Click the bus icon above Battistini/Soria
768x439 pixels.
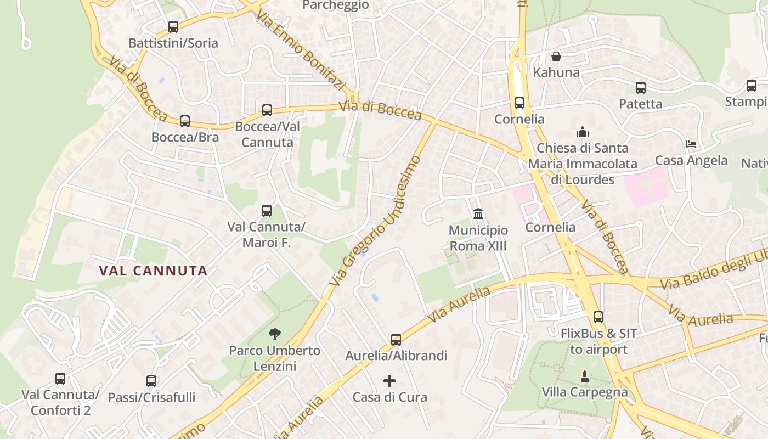[173, 26]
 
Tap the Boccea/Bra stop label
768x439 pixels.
[185, 137]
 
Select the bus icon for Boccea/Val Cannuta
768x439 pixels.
[267, 110]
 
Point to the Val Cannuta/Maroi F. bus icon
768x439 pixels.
[267, 211]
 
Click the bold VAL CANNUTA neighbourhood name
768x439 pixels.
[154, 271]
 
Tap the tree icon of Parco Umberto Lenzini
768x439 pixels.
[274, 334]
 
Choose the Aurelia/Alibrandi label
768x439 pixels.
[396, 356]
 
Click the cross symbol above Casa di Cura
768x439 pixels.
[389, 381]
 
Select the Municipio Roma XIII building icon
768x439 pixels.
[478, 213]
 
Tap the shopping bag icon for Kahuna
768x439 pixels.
[556, 57]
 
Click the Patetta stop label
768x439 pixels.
[640, 104]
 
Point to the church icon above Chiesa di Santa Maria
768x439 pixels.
[582, 132]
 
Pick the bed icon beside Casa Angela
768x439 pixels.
[692, 144]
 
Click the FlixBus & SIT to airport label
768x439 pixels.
[598, 341]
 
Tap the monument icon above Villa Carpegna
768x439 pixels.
[585, 376]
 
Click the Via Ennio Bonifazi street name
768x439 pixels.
[300, 49]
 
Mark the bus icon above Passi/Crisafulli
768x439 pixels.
[151, 381]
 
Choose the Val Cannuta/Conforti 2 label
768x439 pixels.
[60, 402]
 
